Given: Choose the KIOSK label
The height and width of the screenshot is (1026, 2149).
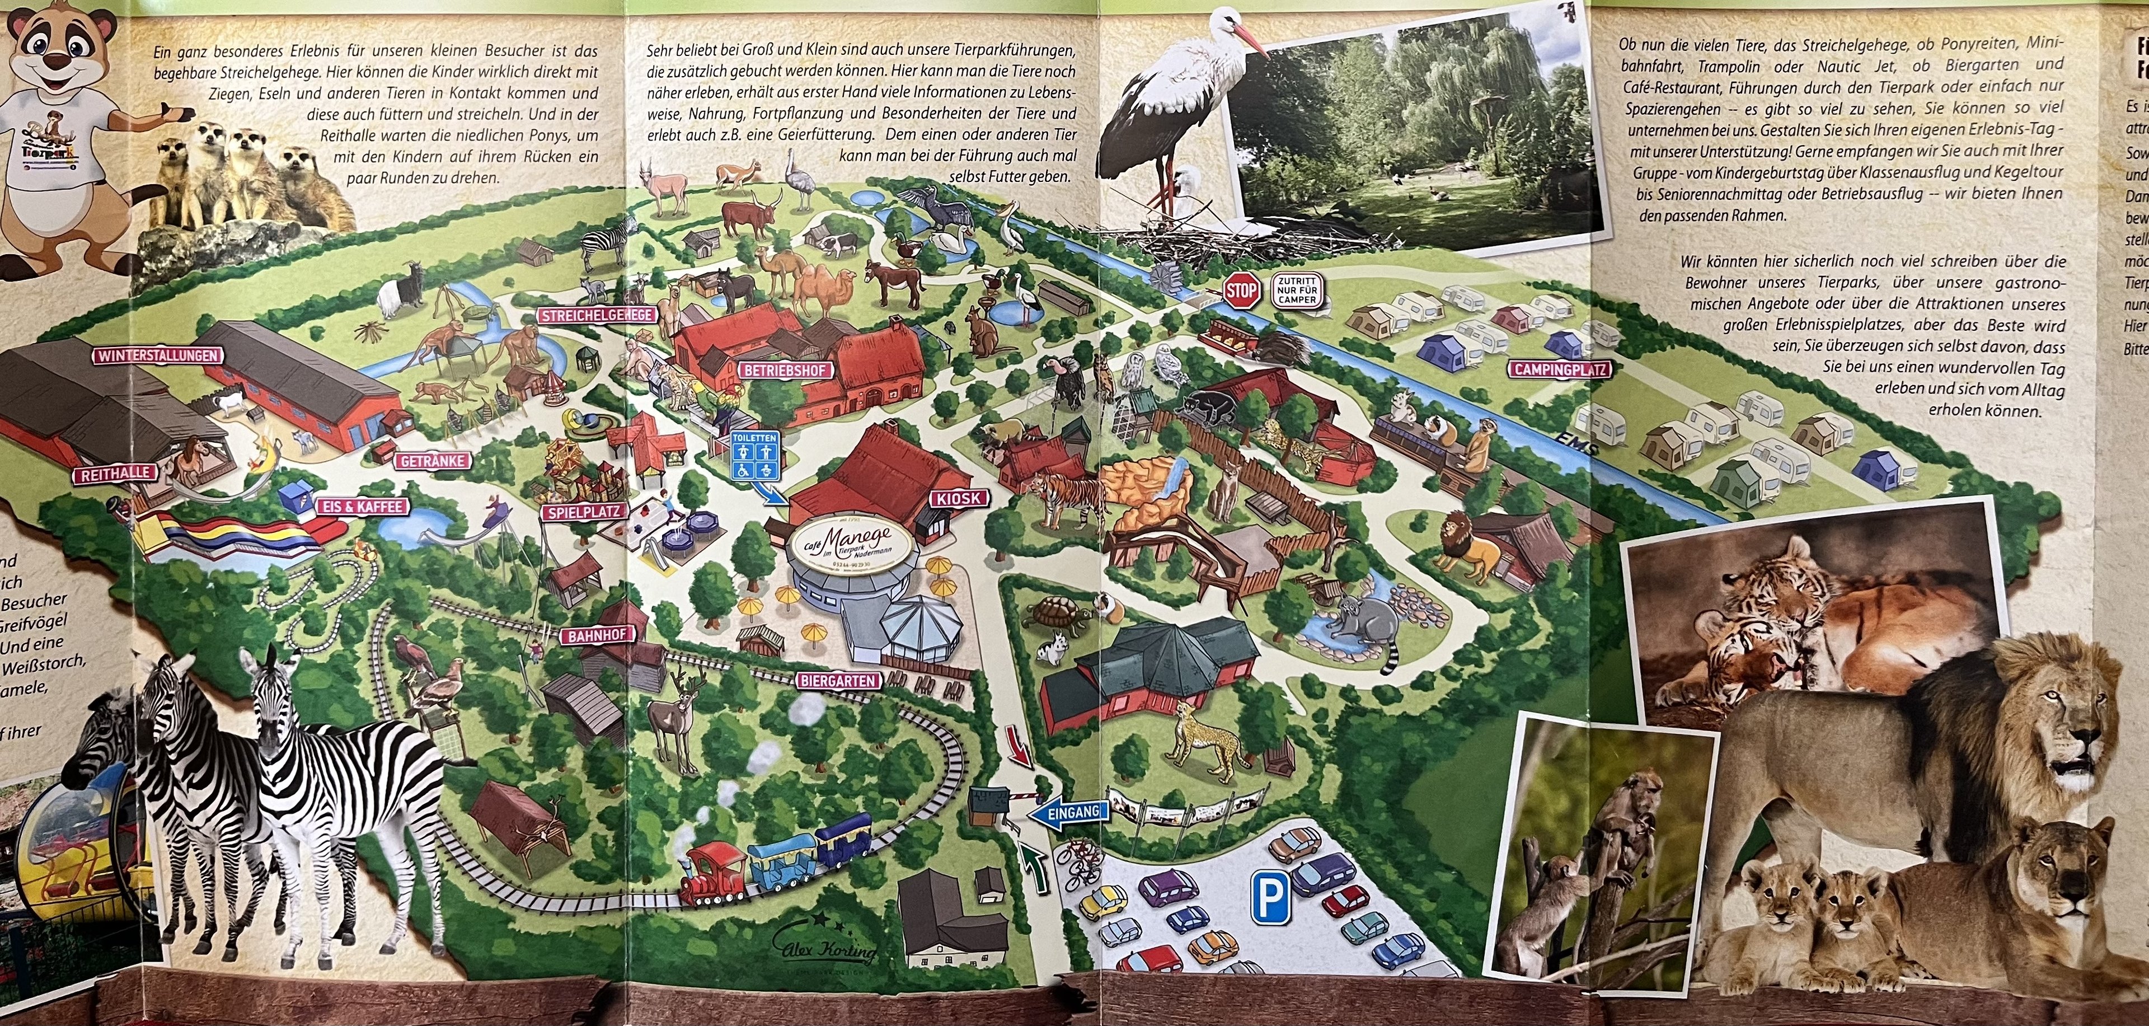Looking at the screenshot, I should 959,499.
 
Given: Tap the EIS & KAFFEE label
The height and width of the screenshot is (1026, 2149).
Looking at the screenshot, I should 362,507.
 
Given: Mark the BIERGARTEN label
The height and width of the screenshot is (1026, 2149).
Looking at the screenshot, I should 838,681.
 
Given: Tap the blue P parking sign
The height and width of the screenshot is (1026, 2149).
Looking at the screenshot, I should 1270,899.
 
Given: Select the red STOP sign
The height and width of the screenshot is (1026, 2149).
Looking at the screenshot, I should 1241,291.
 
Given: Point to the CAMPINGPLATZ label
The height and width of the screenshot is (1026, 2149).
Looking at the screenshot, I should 1559,369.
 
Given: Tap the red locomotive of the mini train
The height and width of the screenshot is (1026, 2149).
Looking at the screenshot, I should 714,874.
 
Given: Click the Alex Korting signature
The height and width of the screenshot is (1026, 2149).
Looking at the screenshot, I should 827,947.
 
